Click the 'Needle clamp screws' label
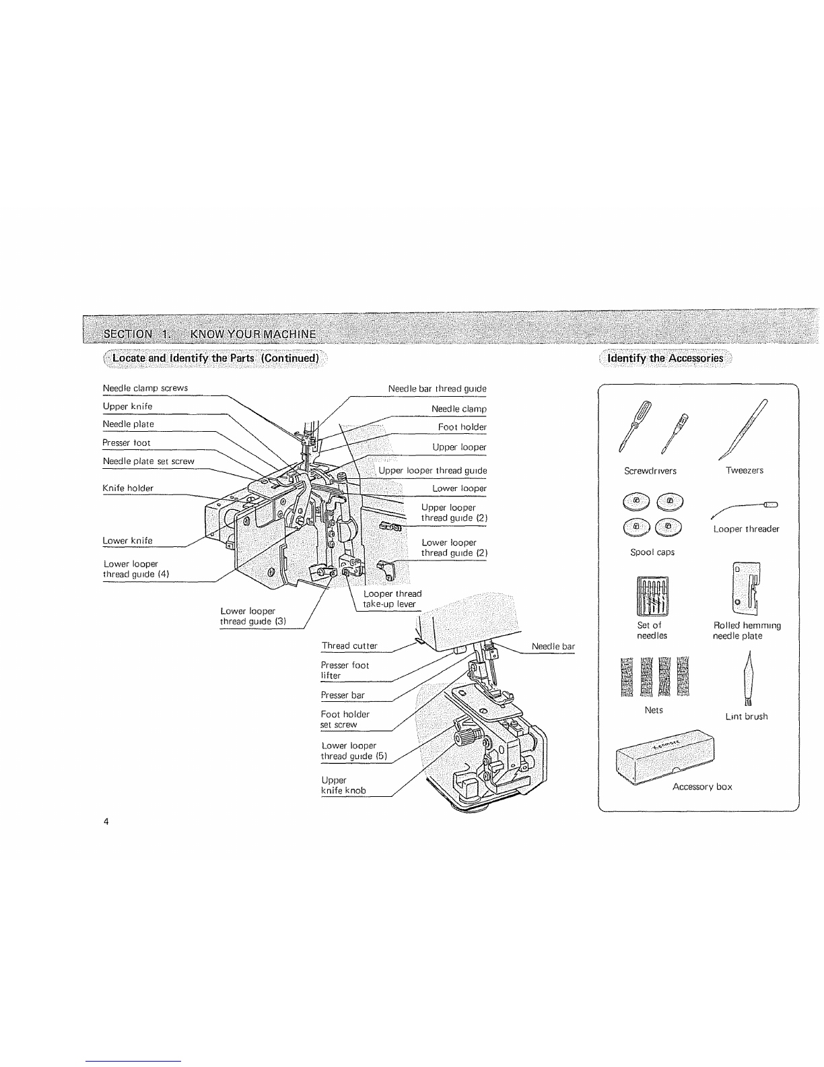click(x=145, y=388)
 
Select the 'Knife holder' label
click(x=128, y=488)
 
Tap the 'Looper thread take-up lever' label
click(x=392, y=599)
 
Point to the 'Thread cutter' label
click(x=349, y=646)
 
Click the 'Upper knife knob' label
click(x=343, y=785)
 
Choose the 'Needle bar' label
click(x=553, y=646)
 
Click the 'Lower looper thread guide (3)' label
click(x=252, y=616)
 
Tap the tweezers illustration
click(x=743, y=430)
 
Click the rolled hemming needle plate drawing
click(x=747, y=588)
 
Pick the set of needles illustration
click(x=652, y=596)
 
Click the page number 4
click(x=106, y=822)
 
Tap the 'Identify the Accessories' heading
click(x=665, y=358)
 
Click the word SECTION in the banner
click(x=128, y=334)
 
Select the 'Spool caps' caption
click(x=652, y=552)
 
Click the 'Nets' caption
click(x=654, y=710)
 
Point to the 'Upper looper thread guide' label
click(x=432, y=470)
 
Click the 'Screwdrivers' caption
click(x=650, y=471)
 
